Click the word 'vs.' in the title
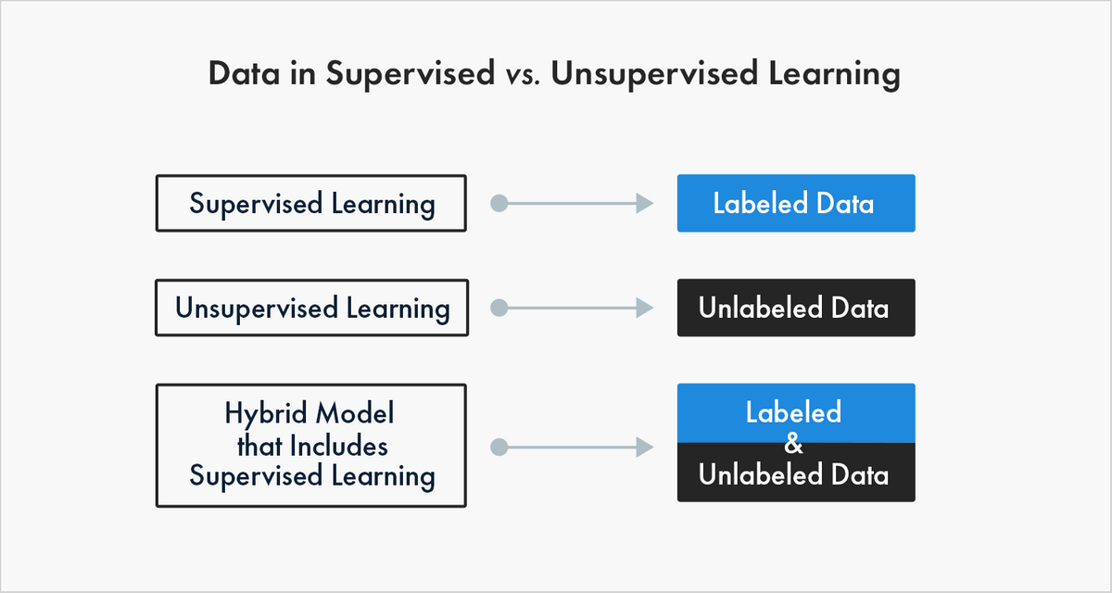tap(519, 75)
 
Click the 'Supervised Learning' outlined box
tap(311, 204)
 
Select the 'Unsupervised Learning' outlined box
tap(311, 308)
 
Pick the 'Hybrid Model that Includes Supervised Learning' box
tap(311, 446)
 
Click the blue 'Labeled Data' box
tap(796, 203)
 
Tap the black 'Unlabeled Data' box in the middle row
tap(796, 308)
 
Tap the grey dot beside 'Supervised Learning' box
tap(499, 204)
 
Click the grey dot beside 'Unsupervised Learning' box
tap(499, 308)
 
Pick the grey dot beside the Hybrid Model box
tap(499, 447)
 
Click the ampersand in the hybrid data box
tap(793, 445)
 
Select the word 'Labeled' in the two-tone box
tap(793, 412)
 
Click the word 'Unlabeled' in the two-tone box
tap(757, 475)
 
